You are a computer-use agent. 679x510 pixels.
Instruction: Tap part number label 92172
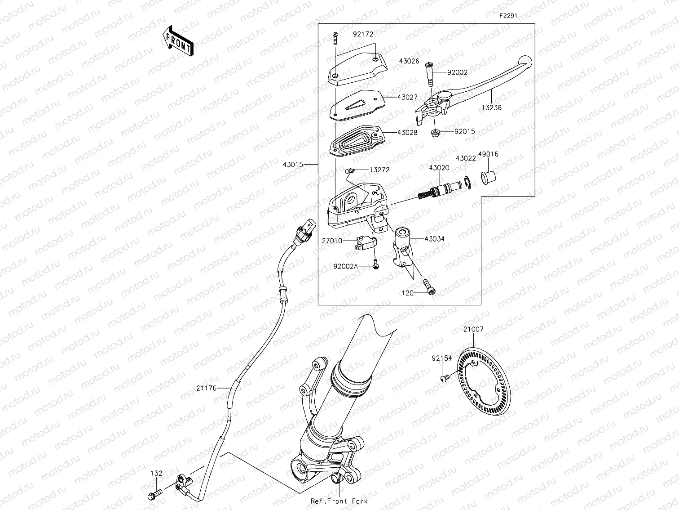[x=363, y=34]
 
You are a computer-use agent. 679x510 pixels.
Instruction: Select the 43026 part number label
[x=409, y=61]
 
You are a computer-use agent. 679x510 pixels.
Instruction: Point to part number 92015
[x=464, y=132]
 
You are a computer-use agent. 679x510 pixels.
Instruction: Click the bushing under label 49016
[x=487, y=177]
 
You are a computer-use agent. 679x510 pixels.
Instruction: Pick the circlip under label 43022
[x=467, y=183]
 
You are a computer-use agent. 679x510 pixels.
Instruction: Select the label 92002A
[x=345, y=266]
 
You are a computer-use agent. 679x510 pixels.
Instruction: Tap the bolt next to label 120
[x=428, y=287]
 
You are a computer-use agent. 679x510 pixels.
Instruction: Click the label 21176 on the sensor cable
[x=207, y=388]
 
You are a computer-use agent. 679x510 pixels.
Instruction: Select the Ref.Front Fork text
[x=339, y=501]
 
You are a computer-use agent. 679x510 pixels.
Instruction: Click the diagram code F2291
[x=508, y=15]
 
